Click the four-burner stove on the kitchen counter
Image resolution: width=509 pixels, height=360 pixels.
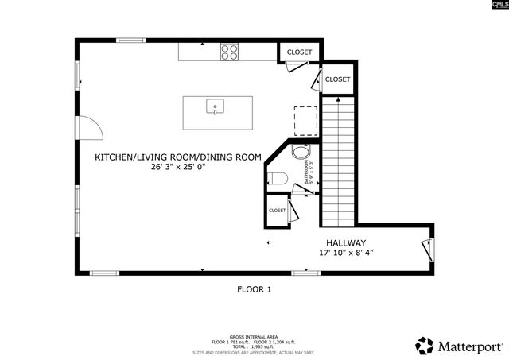(230, 52)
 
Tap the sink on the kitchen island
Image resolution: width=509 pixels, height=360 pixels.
(214, 106)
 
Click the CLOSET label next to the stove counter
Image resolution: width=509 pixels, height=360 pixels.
(300, 52)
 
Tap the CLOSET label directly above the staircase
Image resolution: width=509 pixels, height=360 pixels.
(337, 79)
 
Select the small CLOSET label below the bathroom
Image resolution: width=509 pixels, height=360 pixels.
(277, 210)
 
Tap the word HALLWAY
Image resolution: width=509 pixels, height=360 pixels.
(345, 243)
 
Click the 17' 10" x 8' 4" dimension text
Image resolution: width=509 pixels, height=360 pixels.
(345, 254)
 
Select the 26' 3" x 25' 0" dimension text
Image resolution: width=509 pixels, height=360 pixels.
(179, 168)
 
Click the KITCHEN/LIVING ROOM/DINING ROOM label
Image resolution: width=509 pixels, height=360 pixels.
(178, 157)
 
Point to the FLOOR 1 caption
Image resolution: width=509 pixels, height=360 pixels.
(254, 290)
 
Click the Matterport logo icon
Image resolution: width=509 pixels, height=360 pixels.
(425, 346)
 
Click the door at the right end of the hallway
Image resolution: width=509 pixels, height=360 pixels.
(428, 248)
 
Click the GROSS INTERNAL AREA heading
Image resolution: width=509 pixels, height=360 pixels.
(254, 337)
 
